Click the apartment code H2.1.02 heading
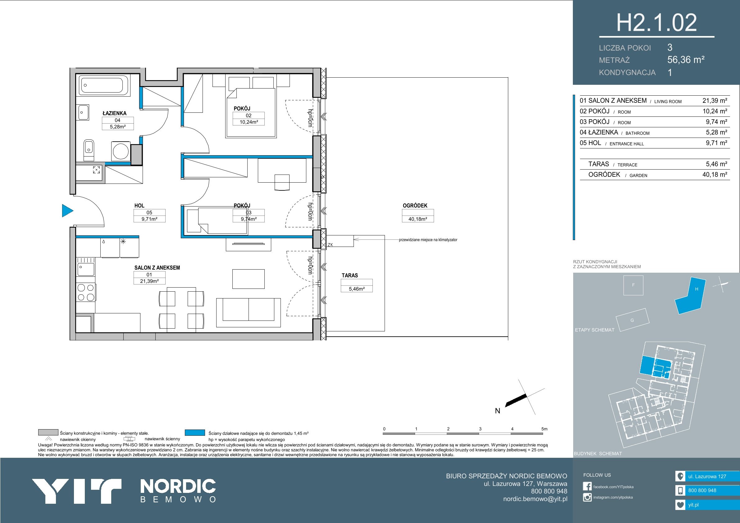(656, 23)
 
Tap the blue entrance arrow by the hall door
(67, 211)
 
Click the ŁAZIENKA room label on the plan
(114, 113)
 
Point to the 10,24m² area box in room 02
(249, 122)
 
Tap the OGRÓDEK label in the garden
(415, 206)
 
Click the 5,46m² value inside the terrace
(356, 289)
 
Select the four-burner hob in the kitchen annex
(86, 292)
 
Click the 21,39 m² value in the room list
(715, 101)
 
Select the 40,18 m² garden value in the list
(715, 175)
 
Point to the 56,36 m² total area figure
(686, 60)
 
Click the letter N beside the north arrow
(498, 411)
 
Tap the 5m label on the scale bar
(544, 429)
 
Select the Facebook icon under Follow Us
(587, 487)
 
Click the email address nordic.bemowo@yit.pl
(535, 499)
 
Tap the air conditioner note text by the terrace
(428, 240)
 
